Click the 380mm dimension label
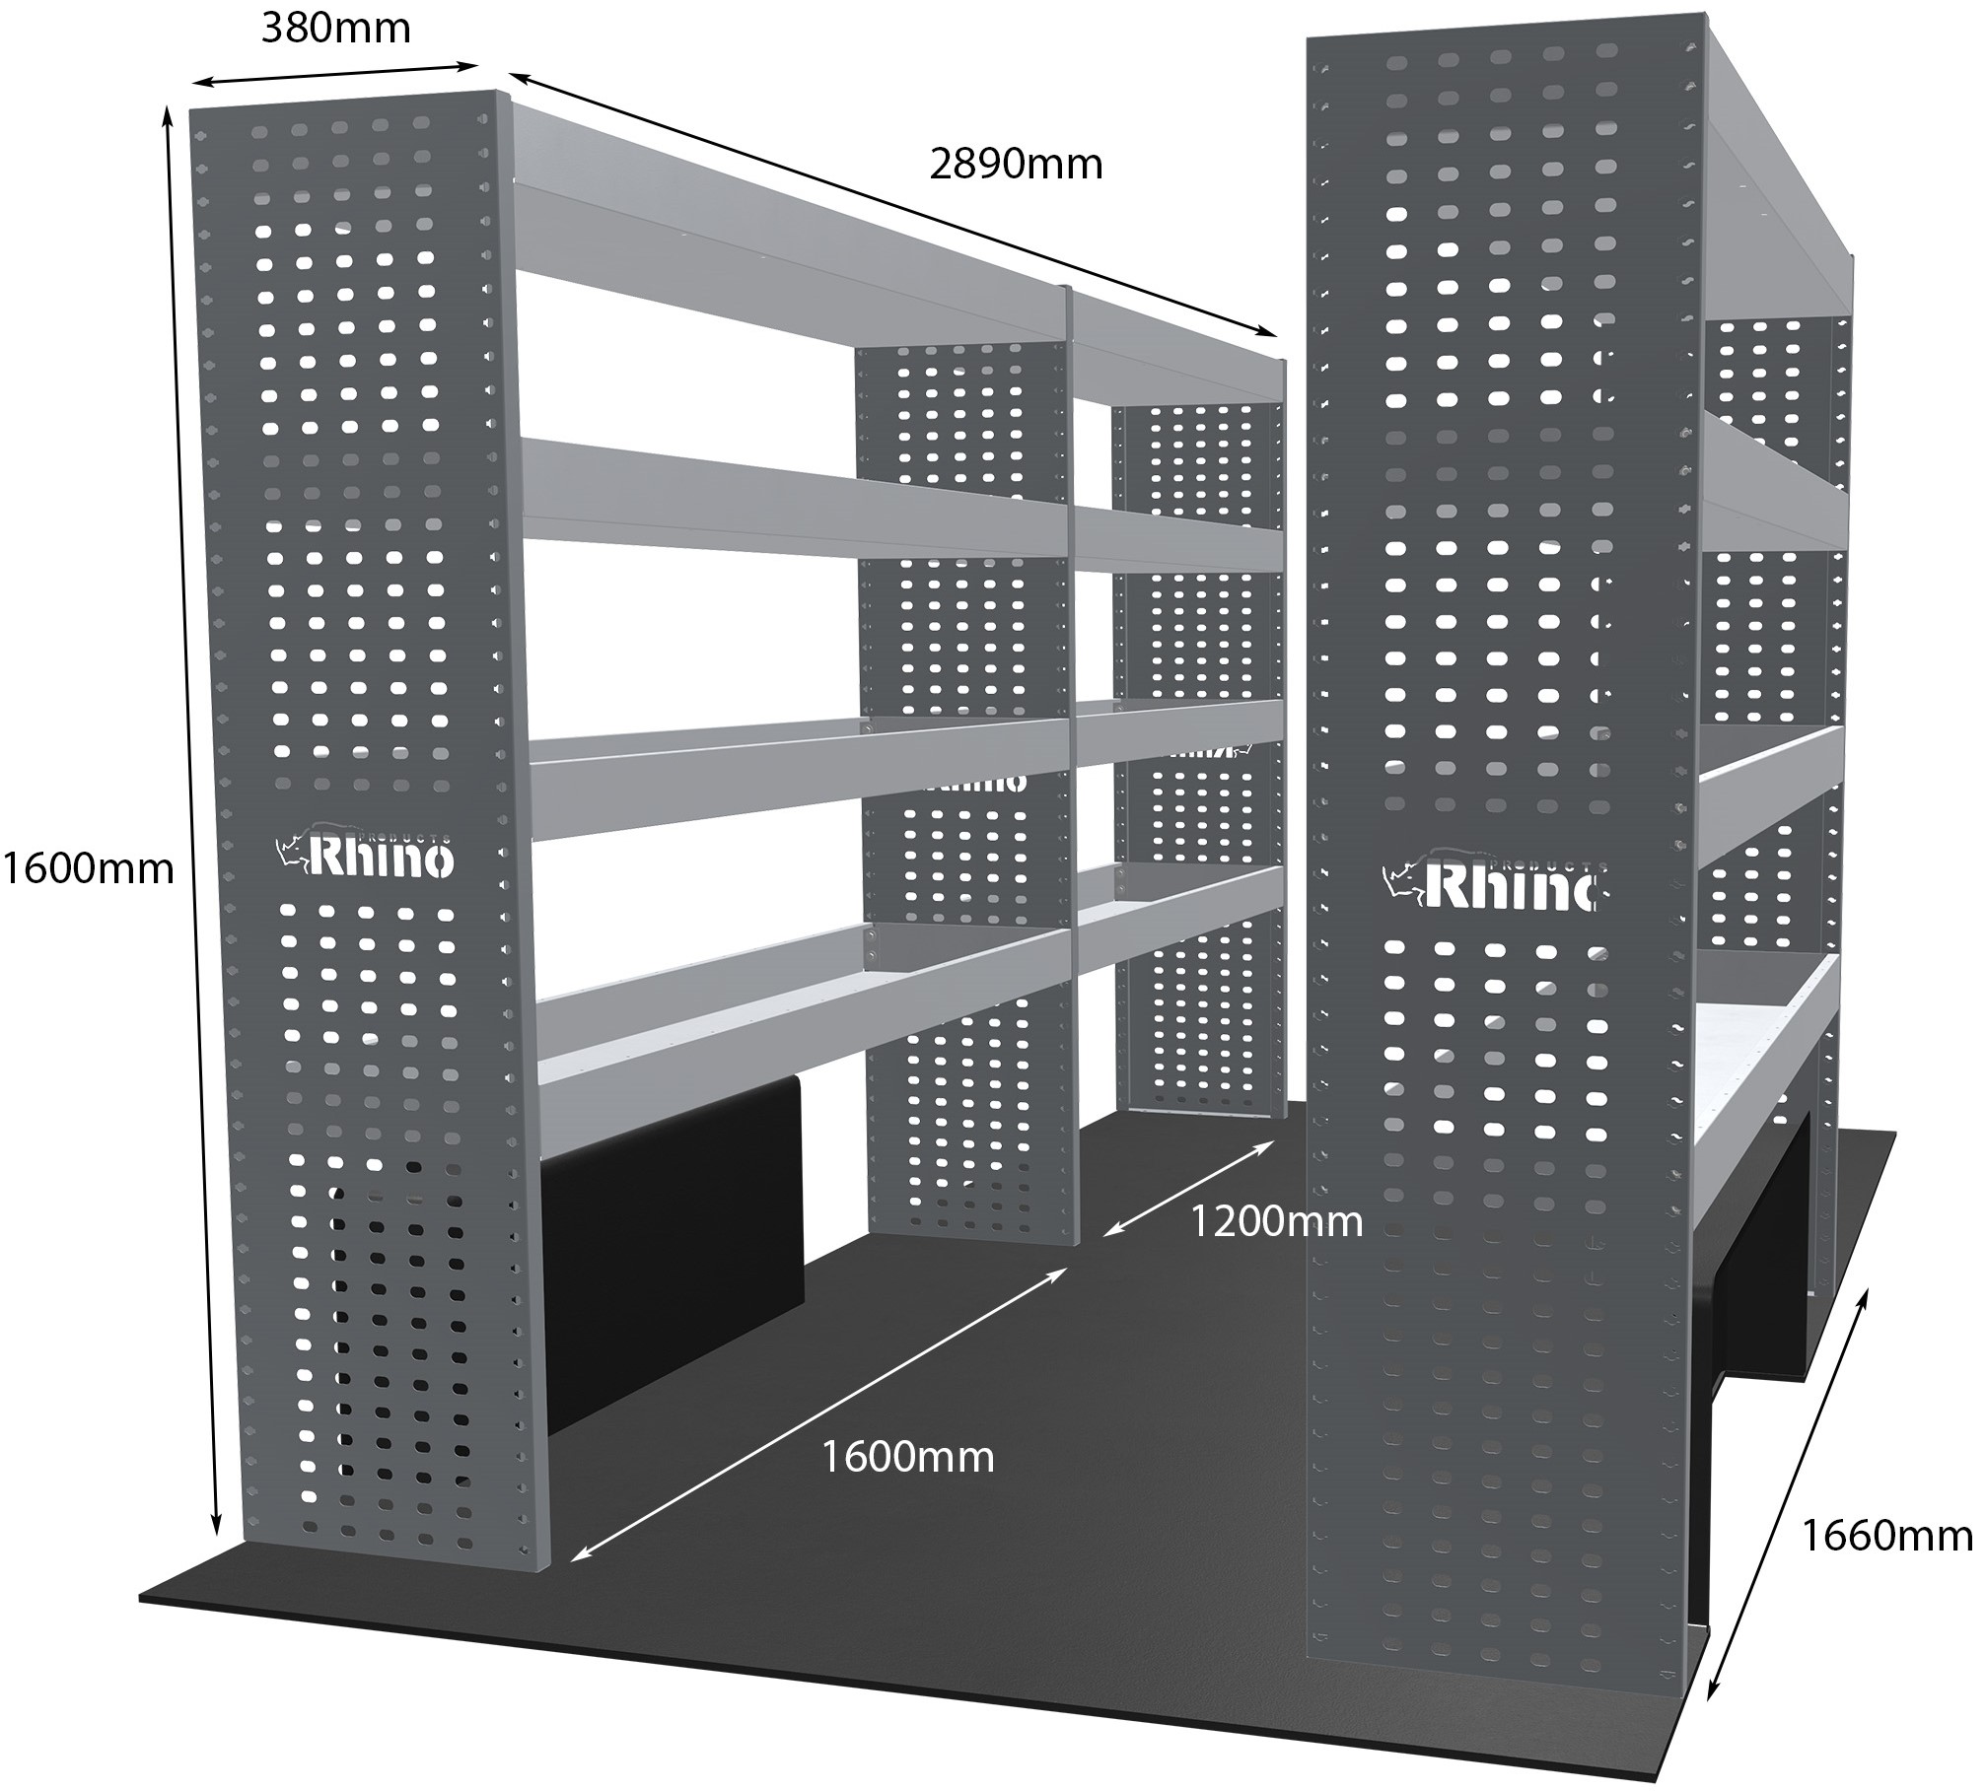coord(335,30)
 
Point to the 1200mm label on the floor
coord(1277,1222)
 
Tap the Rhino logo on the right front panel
coord(1489,882)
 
